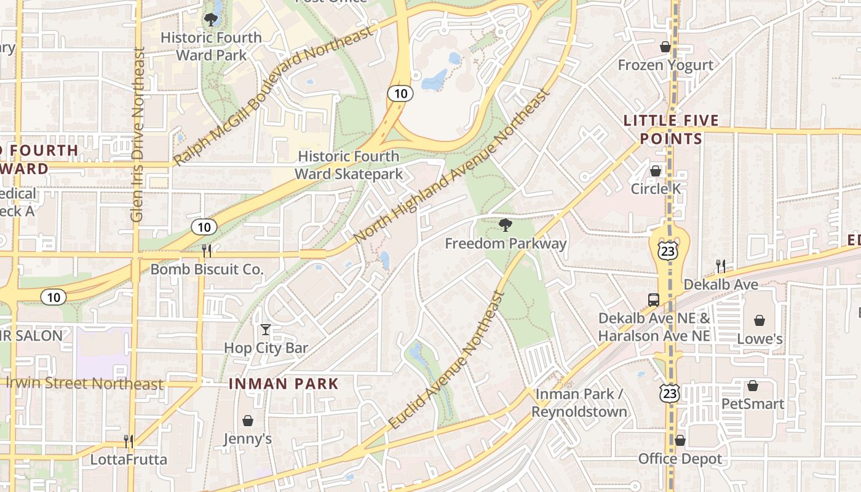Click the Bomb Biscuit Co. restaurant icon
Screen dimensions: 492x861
[x=207, y=250]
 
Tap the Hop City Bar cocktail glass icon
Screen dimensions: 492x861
[x=266, y=330]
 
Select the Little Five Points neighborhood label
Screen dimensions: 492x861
[x=671, y=129]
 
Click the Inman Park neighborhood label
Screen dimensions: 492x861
[x=284, y=384]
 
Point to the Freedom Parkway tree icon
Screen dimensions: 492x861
[x=506, y=225]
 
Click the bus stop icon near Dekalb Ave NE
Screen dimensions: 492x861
[x=654, y=300]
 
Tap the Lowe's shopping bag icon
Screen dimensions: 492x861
[x=760, y=320]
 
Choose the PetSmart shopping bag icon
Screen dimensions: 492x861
[x=752, y=386]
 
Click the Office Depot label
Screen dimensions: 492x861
[x=680, y=459]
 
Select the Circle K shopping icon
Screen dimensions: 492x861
[x=656, y=171]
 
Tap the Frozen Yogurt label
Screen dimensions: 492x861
[x=665, y=65]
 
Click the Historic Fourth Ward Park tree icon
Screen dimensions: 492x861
[x=211, y=19]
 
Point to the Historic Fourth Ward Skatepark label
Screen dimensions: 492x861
[x=349, y=165]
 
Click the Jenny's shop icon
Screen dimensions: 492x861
[x=247, y=421]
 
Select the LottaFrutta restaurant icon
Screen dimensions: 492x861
[x=129, y=441]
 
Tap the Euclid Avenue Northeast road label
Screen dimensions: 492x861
[x=448, y=360]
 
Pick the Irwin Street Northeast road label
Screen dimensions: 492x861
[x=85, y=383]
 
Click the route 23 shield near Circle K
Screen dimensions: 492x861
[x=669, y=250]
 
